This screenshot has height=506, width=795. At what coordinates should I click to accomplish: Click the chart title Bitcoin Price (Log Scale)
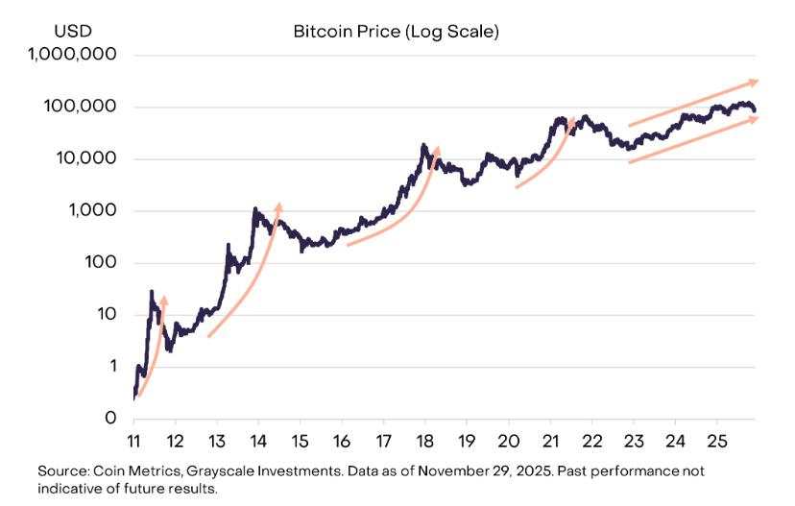[x=397, y=32]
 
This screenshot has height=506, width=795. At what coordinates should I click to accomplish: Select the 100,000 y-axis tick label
[x=83, y=107]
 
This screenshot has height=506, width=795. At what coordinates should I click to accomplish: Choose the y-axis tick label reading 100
[x=101, y=262]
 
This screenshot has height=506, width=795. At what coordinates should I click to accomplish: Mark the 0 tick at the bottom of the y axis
[x=110, y=419]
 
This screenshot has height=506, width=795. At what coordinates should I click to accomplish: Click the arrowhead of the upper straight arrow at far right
[x=755, y=82]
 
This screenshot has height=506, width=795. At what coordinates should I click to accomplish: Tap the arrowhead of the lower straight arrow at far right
[x=755, y=118]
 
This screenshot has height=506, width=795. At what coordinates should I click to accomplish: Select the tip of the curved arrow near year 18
[x=438, y=149]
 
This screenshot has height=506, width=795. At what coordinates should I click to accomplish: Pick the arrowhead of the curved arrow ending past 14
[x=278, y=205]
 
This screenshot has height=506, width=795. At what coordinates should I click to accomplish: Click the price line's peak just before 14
[x=255, y=208]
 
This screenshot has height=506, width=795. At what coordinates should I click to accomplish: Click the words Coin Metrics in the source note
[x=128, y=471]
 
